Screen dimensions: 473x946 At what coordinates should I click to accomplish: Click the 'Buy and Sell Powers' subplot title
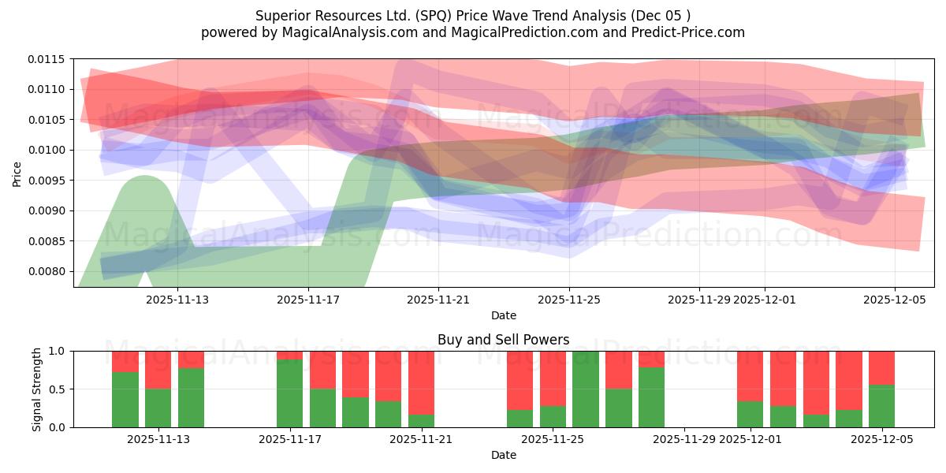503,341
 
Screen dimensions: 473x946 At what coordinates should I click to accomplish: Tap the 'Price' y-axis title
17,174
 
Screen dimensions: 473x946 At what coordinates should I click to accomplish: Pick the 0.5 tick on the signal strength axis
57,389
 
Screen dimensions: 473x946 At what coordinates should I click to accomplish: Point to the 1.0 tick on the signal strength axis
57,351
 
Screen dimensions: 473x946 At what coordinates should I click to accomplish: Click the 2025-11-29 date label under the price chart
699,300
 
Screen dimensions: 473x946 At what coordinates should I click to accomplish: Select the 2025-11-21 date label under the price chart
438,300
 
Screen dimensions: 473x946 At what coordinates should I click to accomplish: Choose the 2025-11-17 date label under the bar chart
290,439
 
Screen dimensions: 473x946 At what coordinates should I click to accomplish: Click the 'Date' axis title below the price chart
503,315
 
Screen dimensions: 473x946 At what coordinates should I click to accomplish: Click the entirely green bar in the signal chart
586,389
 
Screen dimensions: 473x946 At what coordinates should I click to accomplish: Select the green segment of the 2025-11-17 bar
290,393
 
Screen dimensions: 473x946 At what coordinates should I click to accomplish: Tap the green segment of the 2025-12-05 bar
881,406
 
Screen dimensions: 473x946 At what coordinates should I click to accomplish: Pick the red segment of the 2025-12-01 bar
750,376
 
